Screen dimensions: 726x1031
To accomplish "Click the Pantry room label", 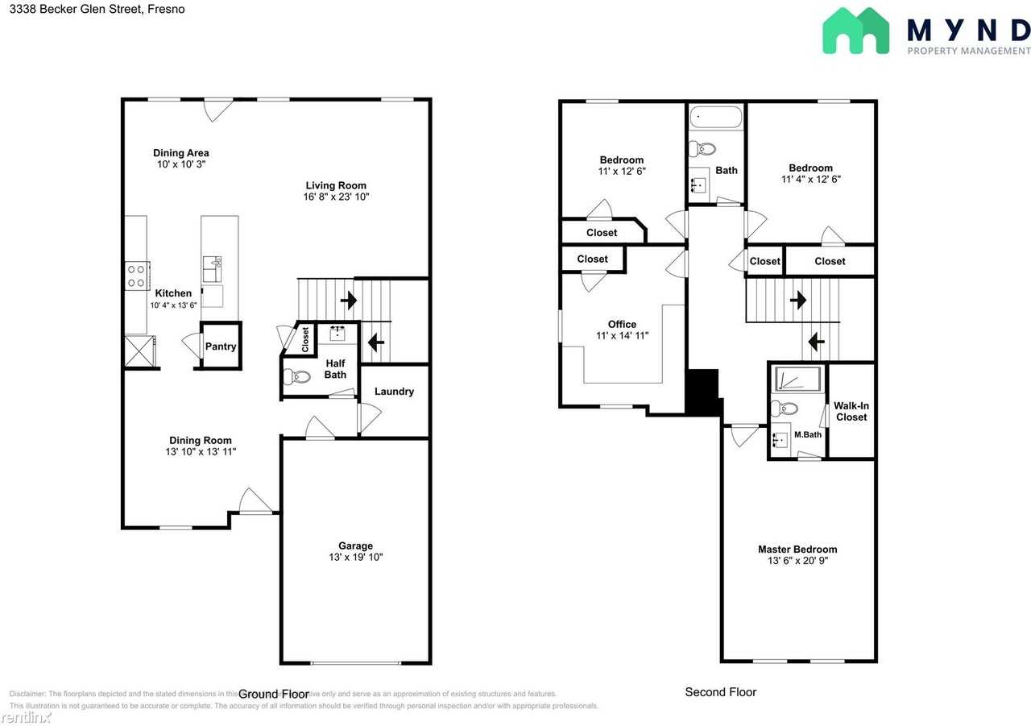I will [x=220, y=346].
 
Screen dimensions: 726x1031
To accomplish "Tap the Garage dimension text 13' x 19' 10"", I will [x=355, y=557].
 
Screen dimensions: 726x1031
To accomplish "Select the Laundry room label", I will [x=394, y=392].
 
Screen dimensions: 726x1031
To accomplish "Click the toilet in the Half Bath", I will [x=298, y=376].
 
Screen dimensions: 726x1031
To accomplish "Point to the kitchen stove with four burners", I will [x=136, y=276].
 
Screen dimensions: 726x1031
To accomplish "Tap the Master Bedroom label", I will [x=797, y=550].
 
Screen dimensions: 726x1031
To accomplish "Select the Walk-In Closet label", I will [x=851, y=411].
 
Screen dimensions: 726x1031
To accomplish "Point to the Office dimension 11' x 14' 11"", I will [x=622, y=336].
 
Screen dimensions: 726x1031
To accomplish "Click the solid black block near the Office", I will [x=703, y=392].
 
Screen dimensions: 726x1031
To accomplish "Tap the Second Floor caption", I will [x=720, y=692].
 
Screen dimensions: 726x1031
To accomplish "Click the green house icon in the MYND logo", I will [x=855, y=31].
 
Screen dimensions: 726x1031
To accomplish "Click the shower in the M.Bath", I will [x=797, y=380].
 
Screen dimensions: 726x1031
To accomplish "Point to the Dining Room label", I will [x=201, y=441].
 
